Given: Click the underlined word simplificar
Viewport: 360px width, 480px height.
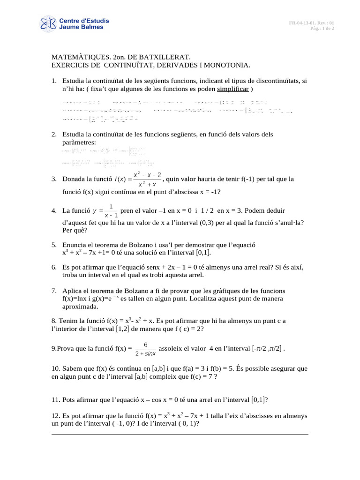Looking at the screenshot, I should (233, 89).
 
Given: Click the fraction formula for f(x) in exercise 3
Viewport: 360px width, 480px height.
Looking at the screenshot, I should (147, 179).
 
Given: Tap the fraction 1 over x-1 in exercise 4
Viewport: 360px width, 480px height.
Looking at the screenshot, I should (111, 211).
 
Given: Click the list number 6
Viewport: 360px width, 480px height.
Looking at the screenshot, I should (53, 268).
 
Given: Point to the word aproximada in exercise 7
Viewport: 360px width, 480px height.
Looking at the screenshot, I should (80, 307).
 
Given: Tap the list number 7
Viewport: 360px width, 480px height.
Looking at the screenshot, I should (53, 291).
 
